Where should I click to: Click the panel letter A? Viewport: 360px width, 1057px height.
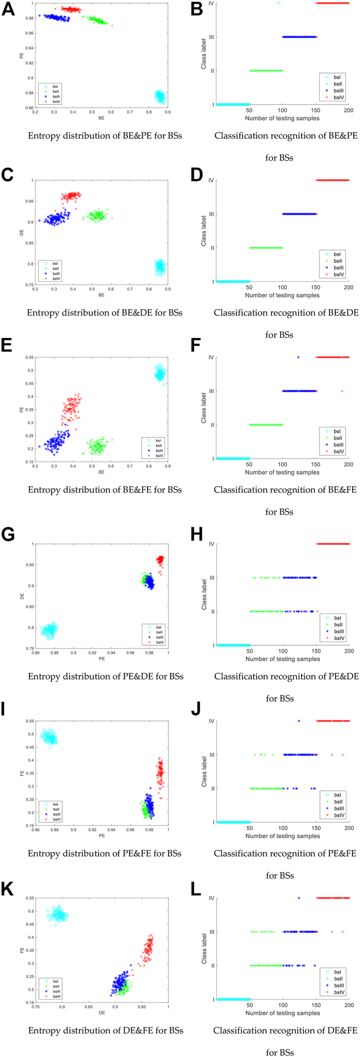point(8,9)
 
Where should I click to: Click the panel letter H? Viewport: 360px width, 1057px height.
point(197,534)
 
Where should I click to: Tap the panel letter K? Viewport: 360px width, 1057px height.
point(8,889)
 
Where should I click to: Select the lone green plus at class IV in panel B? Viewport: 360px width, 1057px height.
point(279,3)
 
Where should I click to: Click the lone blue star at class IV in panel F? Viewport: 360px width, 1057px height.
point(298,357)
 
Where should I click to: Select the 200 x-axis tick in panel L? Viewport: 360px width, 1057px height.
point(349,1005)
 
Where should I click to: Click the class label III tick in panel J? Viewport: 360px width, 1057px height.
point(211,755)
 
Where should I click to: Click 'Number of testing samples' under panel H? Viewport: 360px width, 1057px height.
point(282,659)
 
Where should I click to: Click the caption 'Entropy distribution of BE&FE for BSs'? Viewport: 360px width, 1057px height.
point(105,490)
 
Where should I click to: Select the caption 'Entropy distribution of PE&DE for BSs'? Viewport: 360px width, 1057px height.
point(106,676)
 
